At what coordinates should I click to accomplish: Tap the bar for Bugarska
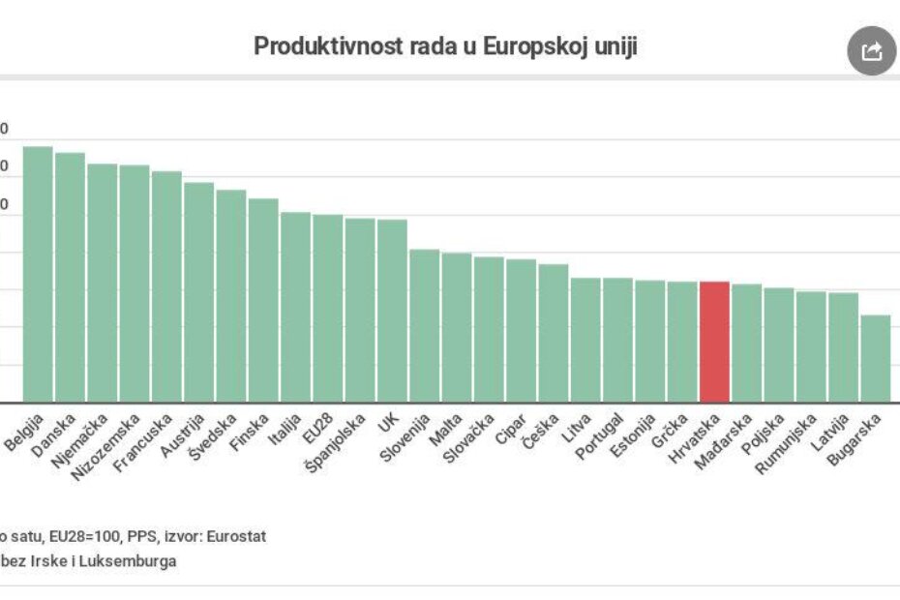[875, 358]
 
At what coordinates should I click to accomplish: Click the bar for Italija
[295, 307]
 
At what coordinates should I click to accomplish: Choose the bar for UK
[392, 311]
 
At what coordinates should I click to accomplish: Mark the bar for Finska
[263, 300]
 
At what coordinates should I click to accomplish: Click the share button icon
[871, 51]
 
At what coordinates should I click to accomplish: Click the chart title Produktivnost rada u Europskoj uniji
[445, 46]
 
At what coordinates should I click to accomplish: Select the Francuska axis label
[142, 443]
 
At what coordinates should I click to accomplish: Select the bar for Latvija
[843, 347]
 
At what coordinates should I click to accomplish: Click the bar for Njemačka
[103, 283]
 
